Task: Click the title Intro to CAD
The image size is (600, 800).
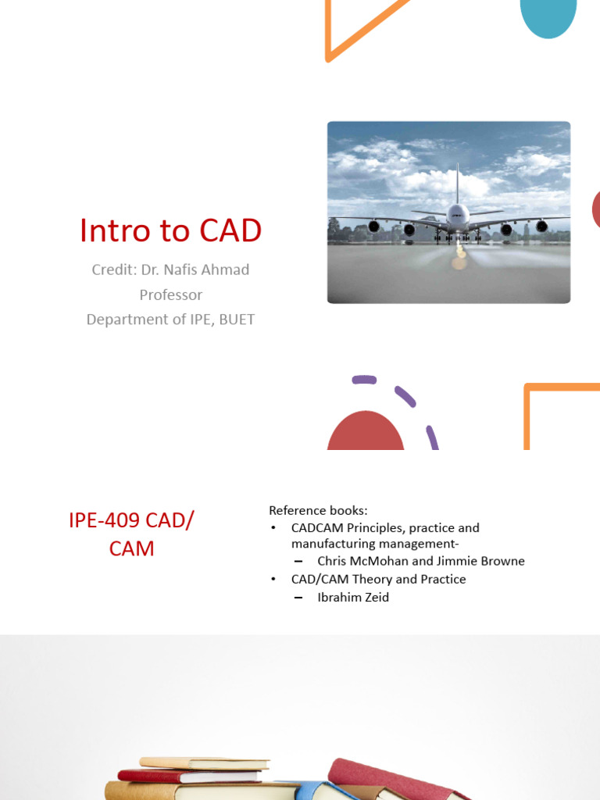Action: tap(170, 230)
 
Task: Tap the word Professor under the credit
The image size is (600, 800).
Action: tap(170, 295)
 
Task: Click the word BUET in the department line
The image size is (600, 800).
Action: tap(237, 320)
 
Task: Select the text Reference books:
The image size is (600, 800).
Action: tap(318, 510)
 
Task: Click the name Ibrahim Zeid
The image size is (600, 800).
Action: tap(353, 597)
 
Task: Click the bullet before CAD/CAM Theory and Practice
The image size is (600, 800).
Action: tap(273, 579)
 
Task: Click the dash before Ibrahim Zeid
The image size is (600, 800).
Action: tap(298, 598)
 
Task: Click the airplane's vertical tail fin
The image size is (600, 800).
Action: tap(457, 181)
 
